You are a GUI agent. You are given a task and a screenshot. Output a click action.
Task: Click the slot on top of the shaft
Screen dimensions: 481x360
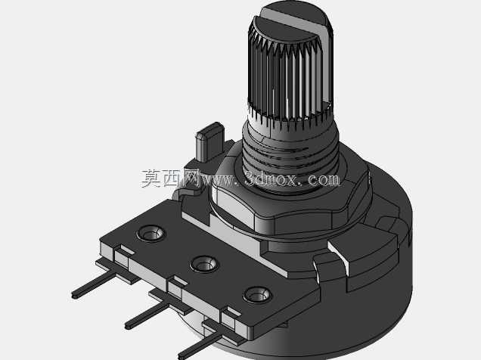(294, 22)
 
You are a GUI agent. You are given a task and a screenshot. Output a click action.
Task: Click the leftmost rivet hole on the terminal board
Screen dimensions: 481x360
(151, 234)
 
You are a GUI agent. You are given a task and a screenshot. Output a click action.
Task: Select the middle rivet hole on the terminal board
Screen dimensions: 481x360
(204, 264)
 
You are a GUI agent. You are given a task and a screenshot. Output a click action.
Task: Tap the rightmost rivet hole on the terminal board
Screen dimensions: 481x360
(257, 295)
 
